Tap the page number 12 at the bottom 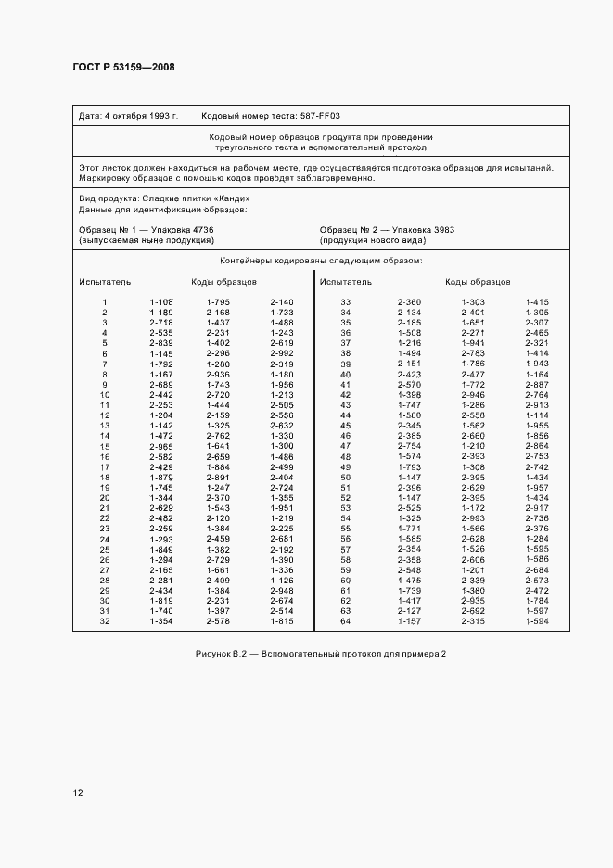[x=78, y=793]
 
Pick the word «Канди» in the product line [x=231, y=198]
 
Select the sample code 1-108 [x=161, y=302]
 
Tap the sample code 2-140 [x=281, y=302]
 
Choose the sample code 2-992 [x=281, y=353]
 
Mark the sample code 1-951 [x=281, y=508]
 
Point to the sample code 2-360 [x=409, y=302]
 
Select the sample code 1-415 [x=537, y=302]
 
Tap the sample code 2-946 [x=473, y=395]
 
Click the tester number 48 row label [x=345, y=456]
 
